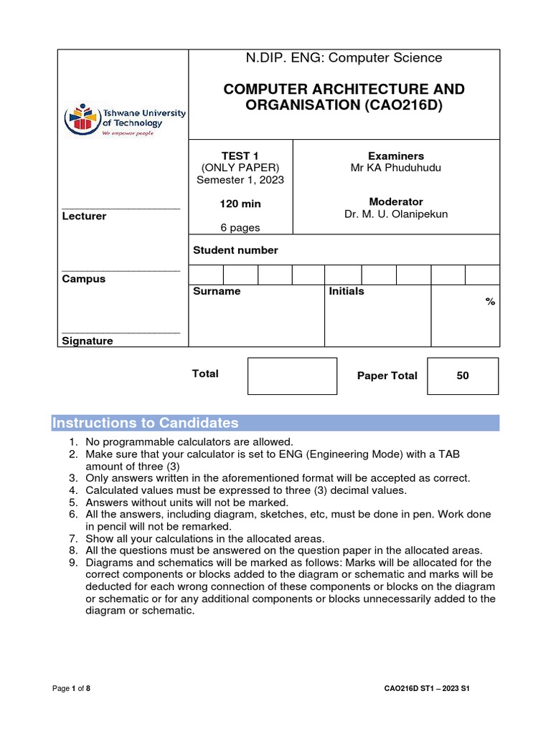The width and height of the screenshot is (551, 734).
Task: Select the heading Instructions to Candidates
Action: pos(146,423)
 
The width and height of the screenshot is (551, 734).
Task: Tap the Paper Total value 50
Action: pos(462,376)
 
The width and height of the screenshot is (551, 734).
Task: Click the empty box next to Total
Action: pos(292,376)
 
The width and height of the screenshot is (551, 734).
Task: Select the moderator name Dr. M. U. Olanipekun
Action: pos(395,214)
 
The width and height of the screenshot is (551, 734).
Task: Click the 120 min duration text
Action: pos(240,204)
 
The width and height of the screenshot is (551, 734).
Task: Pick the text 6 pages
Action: pos(240,228)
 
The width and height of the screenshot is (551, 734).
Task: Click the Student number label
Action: pos(235,250)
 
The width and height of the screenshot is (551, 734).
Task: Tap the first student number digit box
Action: pos(206,275)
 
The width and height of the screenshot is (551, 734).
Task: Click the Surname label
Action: pos(217,292)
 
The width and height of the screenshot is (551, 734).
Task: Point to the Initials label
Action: pos(347,292)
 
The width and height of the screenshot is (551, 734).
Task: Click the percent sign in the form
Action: pos(490,302)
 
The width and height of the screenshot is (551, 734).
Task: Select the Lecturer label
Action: pos(85,216)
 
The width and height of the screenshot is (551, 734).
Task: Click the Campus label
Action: pos(83,279)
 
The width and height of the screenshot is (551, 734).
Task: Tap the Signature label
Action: pos(88,341)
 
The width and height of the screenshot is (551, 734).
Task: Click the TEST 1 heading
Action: pos(240,156)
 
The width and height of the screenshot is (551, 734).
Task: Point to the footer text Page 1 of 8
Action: pos(72,689)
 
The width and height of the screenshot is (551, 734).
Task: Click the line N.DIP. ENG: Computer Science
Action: pos(344,57)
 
